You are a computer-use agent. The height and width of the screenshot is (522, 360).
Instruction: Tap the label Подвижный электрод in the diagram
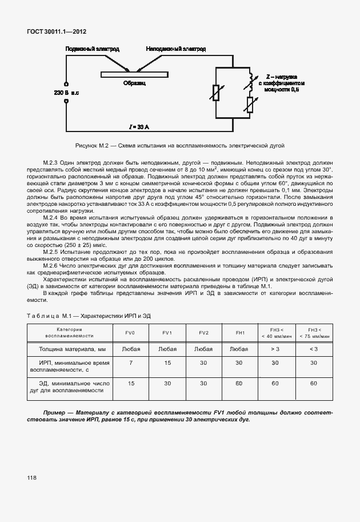click(93, 50)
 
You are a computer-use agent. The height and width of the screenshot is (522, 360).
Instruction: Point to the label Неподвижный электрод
click(176, 50)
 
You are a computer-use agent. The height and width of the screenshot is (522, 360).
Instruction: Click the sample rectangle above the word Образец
click(135, 74)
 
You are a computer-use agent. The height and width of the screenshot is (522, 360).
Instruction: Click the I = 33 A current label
click(139, 126)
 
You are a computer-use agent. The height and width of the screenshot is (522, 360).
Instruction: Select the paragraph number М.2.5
click(53, 252)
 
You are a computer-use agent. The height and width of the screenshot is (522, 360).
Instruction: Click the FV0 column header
click(130, 332)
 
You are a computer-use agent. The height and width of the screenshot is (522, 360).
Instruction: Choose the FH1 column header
click(240, 332)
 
